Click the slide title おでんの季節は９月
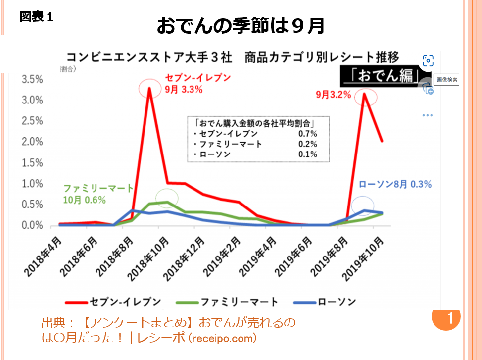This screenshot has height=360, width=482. [x=241, y=26]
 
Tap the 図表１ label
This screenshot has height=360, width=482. [x=37, y=17]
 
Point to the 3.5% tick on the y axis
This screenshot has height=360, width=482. [x=32, y=80]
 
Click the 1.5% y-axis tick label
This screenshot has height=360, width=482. [x=32, y=163]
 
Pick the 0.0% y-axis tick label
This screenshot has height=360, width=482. [x=32, y=226]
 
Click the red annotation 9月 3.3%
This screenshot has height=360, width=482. [x=183, y=90]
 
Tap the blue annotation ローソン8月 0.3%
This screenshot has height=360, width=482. [x=394, y=184]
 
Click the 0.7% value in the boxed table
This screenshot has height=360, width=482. [x=308, y=134]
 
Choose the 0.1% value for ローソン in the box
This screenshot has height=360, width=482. [x=308, y=154]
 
